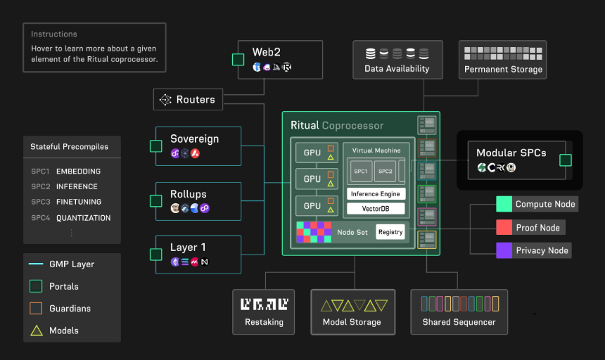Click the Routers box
(188, 99)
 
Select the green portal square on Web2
(238, 60)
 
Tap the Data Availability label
(397, 69)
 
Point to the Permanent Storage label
(503, 70)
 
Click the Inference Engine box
(376, 194)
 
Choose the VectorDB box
(376, 209)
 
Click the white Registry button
(390, 232)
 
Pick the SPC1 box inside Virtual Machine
(361, 171)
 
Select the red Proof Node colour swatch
(504, 227)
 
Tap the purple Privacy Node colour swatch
(504, 250)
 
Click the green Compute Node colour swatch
(504, 205)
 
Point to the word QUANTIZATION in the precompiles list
(83, 218)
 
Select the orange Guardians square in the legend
(36, 309)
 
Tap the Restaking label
(264, 322)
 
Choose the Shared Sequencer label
(459, 322)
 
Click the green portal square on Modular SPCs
(566, 160)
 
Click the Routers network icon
(165, 99)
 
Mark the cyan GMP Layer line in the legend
(36, 264)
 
